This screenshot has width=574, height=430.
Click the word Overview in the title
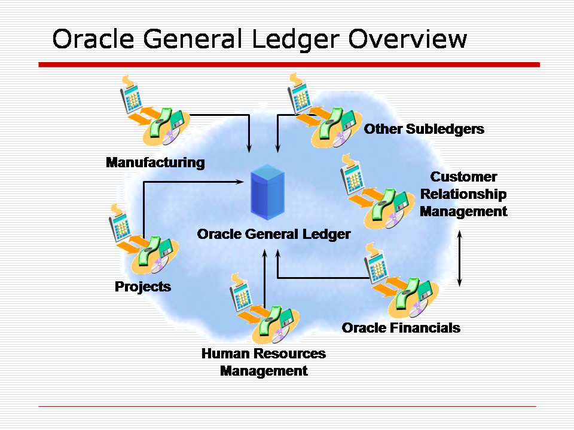tap(408, 39)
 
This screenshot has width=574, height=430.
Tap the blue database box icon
tap(267, 190)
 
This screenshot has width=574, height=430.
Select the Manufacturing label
tap(155, 162)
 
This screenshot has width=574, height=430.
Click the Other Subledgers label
tap(424, 129)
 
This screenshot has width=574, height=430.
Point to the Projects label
tap(143, 287)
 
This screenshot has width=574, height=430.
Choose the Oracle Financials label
tap(401, 327)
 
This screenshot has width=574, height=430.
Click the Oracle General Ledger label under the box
tap(274, 234)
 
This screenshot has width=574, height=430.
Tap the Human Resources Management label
tap(264, 362)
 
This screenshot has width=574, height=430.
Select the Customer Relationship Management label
tap(463, 194)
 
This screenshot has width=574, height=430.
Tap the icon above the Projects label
tap(141, 239)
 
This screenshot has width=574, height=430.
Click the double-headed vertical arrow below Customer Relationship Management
tap(459, 258)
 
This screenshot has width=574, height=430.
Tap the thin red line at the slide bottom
tap(287, 406)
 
